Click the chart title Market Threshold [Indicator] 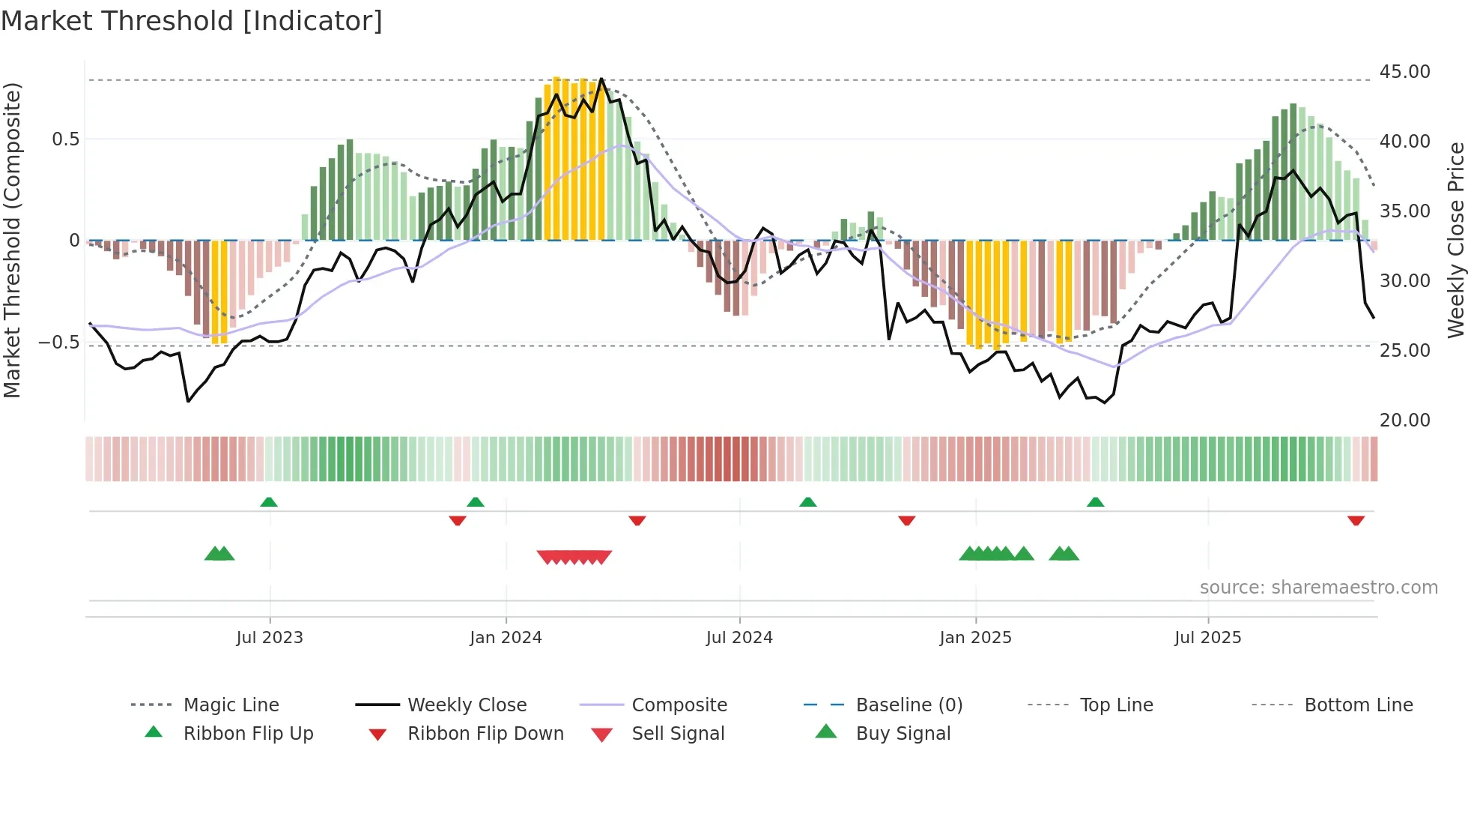tap(192, 21)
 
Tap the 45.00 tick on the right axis tap(1404, 72)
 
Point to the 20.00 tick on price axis tap(1404, 420)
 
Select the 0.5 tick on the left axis tap(65, 139)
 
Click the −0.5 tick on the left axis tap(58, 343)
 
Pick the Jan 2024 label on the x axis tap(506, 638)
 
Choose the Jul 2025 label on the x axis tap(1207, 638)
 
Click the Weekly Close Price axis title tap(1455, 240)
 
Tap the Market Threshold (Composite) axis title tap(12, 240)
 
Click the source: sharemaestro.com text tap(1318, 588)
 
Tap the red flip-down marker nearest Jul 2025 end tap(1356, 520)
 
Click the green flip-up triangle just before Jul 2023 tap(269, 502)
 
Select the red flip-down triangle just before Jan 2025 tap(906, 520)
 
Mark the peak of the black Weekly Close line tap(601, 79)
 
